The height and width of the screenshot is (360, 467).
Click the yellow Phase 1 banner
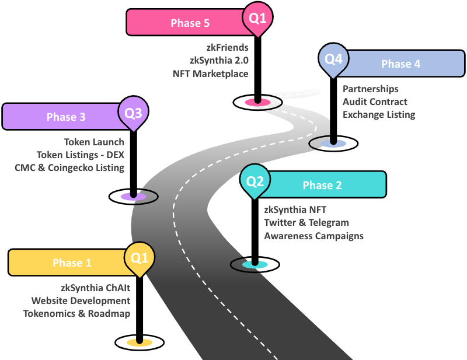[x=70, y=263]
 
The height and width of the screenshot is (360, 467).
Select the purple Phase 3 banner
[x=64, y=117]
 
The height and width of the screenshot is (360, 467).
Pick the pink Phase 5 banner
[x=187, y=23]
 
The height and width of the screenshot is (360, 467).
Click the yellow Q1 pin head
[x=140, y=257]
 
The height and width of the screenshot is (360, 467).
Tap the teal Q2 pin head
[x=255, y=181]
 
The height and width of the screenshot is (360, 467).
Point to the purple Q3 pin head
[x=134, y=111]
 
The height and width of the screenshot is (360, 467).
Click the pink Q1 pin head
[x=257, y=18]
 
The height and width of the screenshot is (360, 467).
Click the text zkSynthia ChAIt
[x=96, y=288]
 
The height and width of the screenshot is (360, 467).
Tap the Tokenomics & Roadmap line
[x=76, y=313]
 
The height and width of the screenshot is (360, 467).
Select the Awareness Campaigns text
[x=313, y=236]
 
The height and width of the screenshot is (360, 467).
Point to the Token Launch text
[x=94, y=142]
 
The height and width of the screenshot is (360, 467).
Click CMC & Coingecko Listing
[x=69, y=167]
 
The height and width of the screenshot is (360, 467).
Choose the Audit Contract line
[x=375, y=102]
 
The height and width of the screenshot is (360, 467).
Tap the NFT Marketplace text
[x=210, y=74]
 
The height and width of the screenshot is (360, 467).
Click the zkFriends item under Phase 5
[x=226, y=48]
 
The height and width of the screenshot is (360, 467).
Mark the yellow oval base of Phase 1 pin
[x=140, y=342]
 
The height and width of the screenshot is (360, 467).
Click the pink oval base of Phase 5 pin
[x=257, y=102]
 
